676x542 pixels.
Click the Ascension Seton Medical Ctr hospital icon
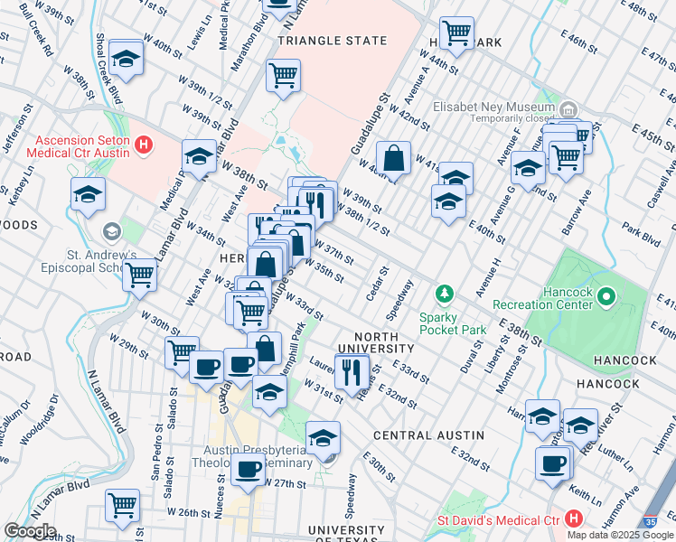[142, 144]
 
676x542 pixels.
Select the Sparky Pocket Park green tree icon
[444, 294]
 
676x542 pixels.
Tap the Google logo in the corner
[30, 532]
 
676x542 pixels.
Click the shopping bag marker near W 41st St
[394, 158]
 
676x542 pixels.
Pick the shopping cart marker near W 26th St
[122, 505]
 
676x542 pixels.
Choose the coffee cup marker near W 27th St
[248, 469]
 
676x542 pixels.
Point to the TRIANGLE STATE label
[333, 41]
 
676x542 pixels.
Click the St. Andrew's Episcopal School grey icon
[111, 232]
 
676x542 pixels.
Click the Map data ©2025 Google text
[620, 535]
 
